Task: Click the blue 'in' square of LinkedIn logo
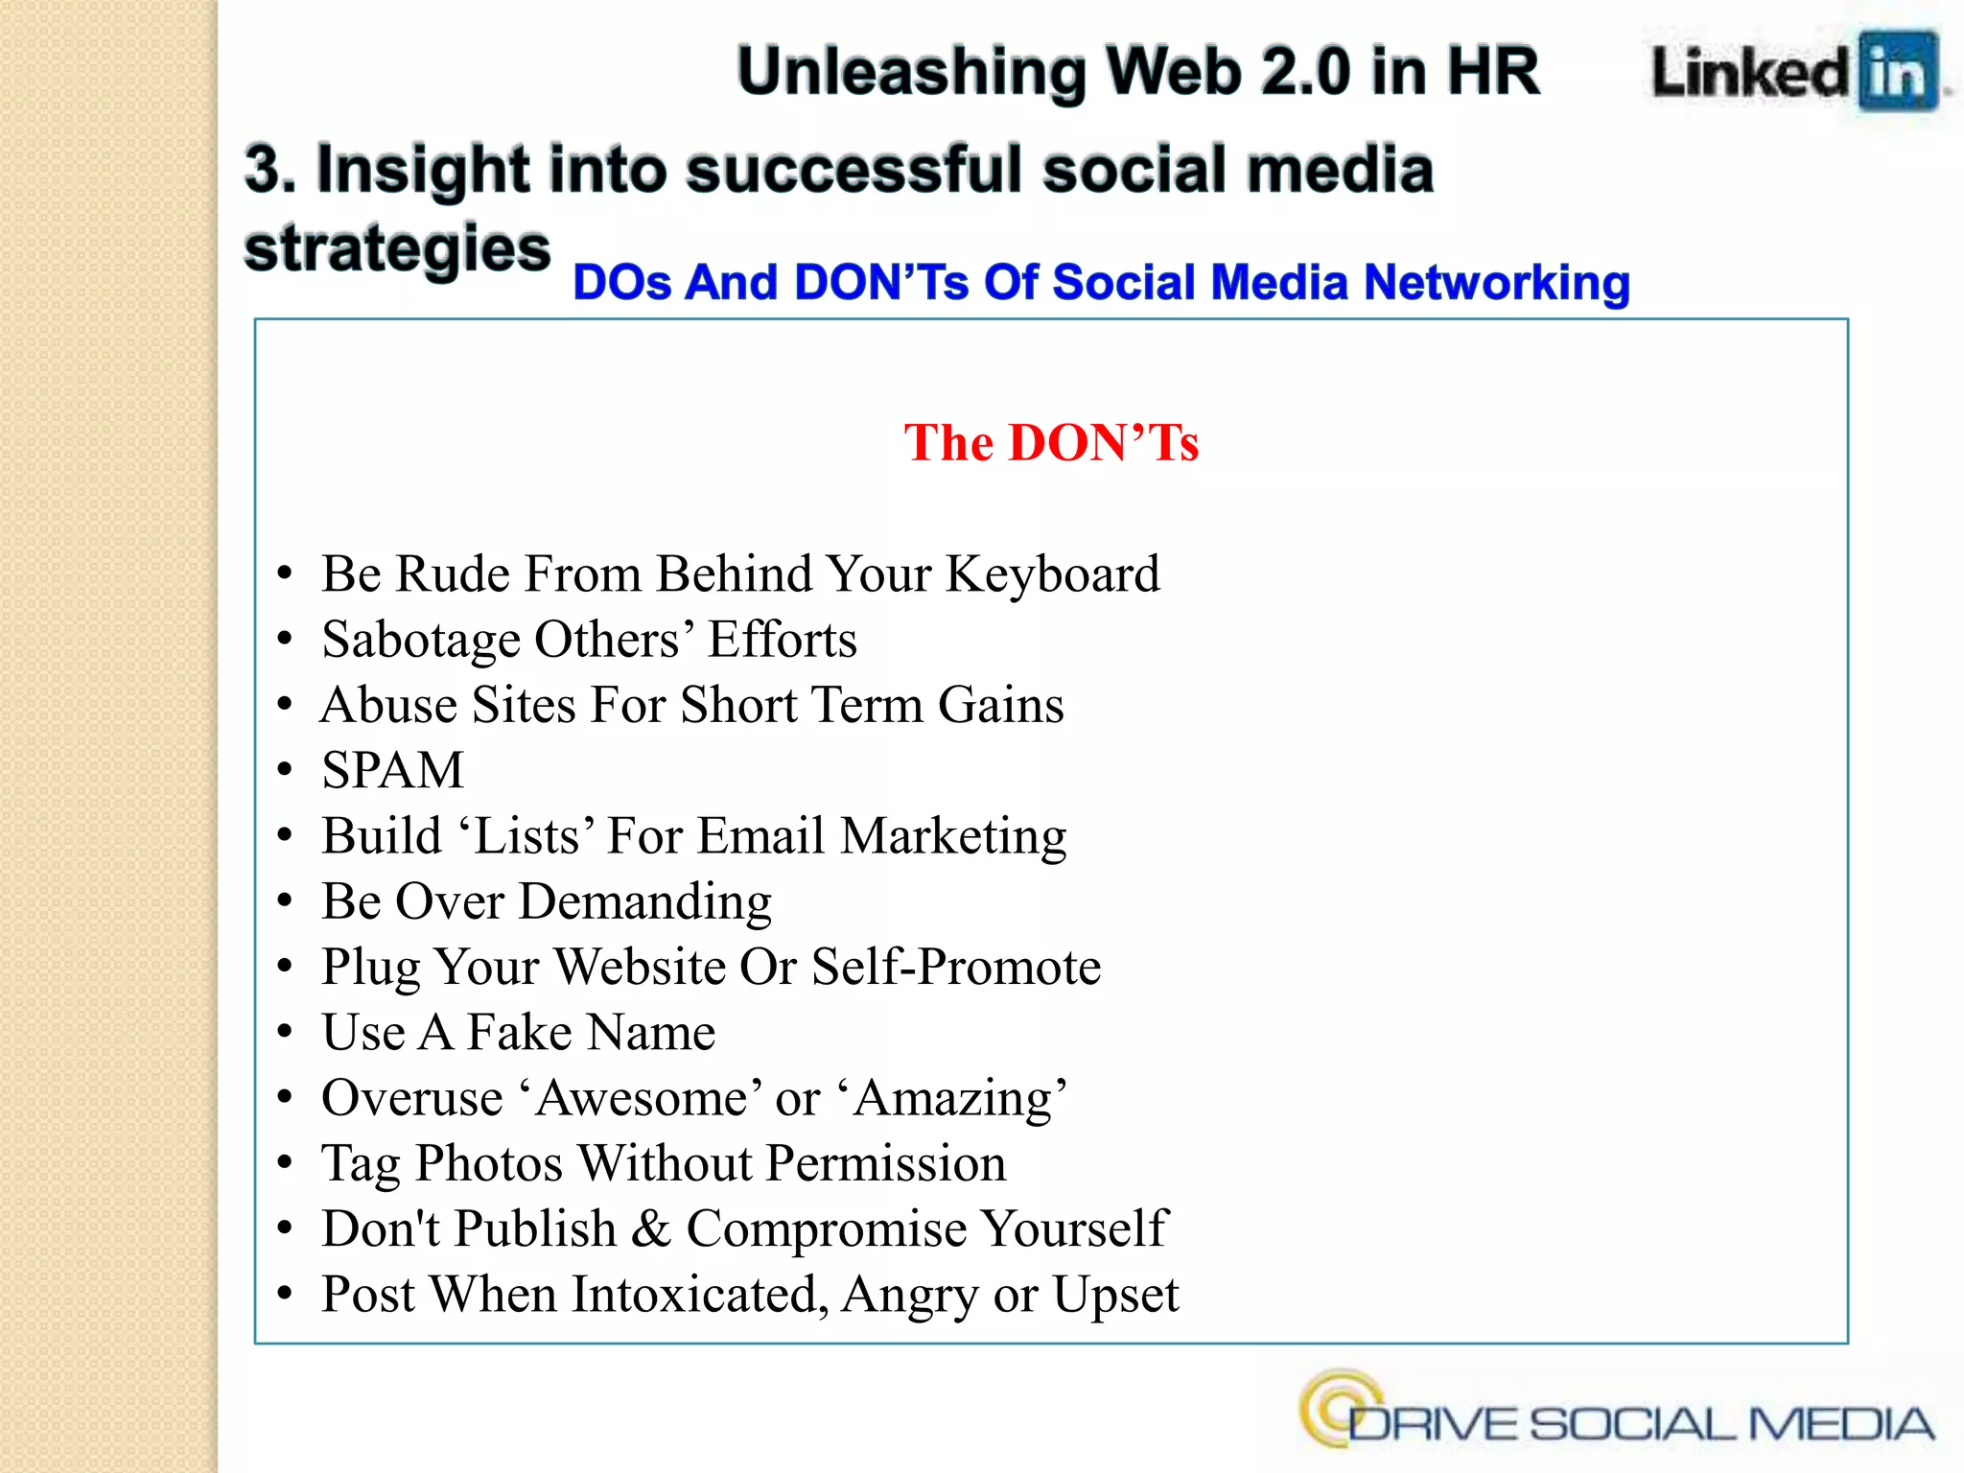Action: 1898,72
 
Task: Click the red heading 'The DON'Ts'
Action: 1051,443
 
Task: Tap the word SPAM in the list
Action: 393,770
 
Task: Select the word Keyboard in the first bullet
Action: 1053,574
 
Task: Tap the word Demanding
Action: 645,901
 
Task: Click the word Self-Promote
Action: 956,967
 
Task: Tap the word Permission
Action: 886,1163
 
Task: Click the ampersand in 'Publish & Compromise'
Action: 651,1229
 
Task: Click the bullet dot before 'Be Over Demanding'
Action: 284,901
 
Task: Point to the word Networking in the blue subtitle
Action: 1496,283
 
